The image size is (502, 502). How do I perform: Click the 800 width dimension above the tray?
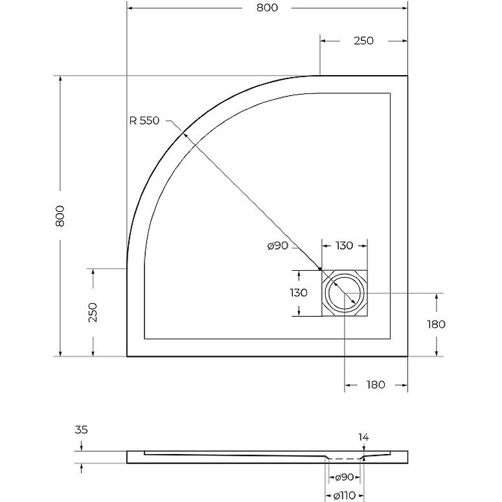pos(267,8)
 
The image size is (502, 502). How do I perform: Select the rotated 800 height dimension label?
pos(60,216)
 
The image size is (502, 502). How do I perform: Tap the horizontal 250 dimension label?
pos(363,41)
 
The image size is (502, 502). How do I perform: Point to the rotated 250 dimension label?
pos(92,312)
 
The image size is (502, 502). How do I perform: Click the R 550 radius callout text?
pos(144,120)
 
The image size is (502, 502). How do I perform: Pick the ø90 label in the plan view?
pos(278,246)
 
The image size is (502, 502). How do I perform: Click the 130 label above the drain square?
pos(344,245)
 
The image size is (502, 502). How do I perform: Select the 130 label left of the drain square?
pos(299,293)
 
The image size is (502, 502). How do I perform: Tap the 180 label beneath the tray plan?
pos(376,385)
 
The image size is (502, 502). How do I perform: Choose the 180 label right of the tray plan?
pos(436,325)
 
